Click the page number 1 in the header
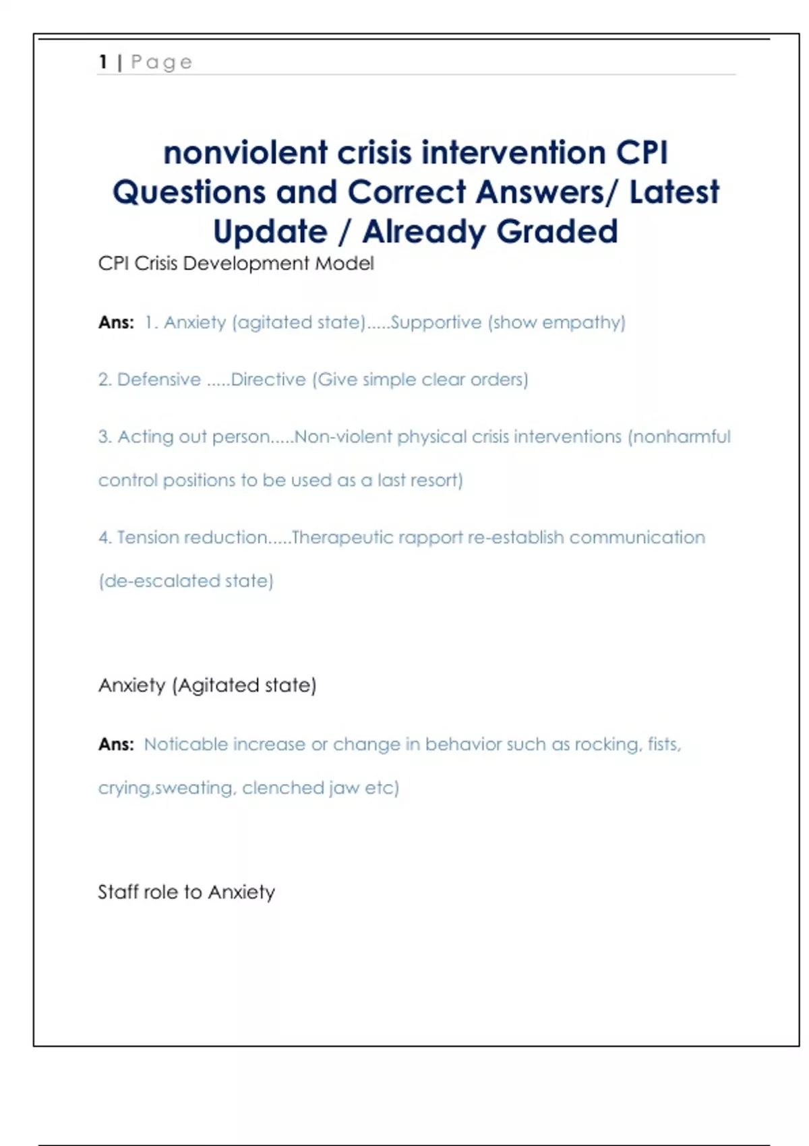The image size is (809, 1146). point(103,62)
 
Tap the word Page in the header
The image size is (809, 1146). point(161,63)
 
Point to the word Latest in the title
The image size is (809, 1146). point(673,192)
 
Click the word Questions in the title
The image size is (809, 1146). point(189,192)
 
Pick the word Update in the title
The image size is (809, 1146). point(270,231)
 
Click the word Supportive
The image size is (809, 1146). point(436,322)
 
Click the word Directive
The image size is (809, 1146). point(268,380)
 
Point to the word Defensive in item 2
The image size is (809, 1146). point(159,380)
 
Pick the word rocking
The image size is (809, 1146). point(606,744)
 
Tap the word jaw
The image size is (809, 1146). point(344,788)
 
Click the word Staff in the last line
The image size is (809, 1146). point(118,892)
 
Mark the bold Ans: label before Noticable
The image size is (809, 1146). point(116,744)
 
